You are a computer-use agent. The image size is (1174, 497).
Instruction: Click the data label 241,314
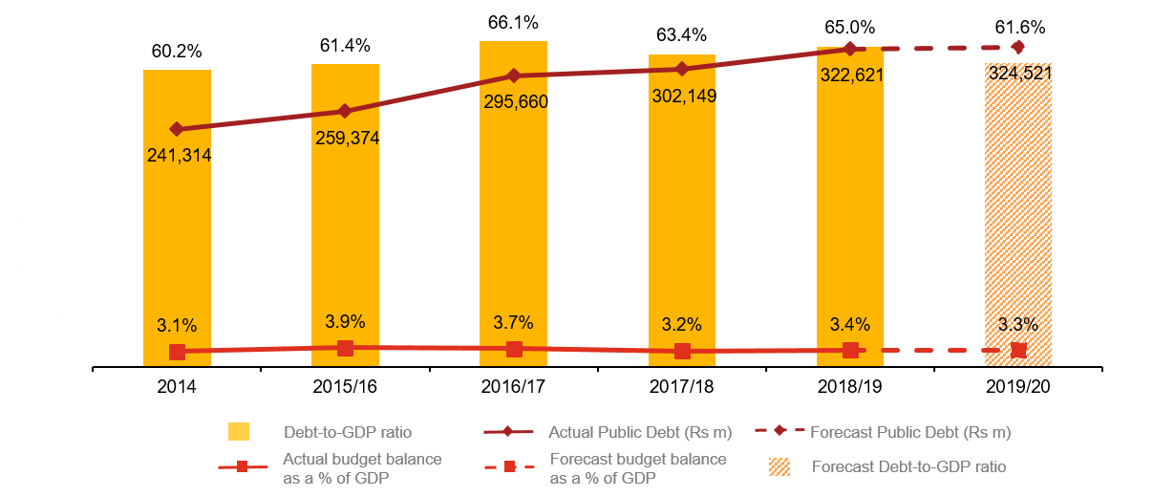click(179, 155)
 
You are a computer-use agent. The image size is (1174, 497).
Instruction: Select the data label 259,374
click(348, 138)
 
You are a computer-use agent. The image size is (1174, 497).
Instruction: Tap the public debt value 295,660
click(516, 101)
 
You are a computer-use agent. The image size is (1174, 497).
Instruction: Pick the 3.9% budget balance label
click(346, 321)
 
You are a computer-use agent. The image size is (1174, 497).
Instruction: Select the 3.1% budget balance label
click(177, 325)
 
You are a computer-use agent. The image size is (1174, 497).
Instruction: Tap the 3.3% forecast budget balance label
click(1018, 324)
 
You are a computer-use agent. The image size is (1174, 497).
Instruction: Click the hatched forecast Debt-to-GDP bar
click(1018, 220)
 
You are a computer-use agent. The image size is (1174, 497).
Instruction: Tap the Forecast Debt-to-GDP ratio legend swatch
click(779, 466)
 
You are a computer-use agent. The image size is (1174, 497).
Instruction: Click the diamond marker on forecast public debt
click(1018, 47)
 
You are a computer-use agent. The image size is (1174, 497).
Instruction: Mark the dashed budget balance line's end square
click(1018, 351)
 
